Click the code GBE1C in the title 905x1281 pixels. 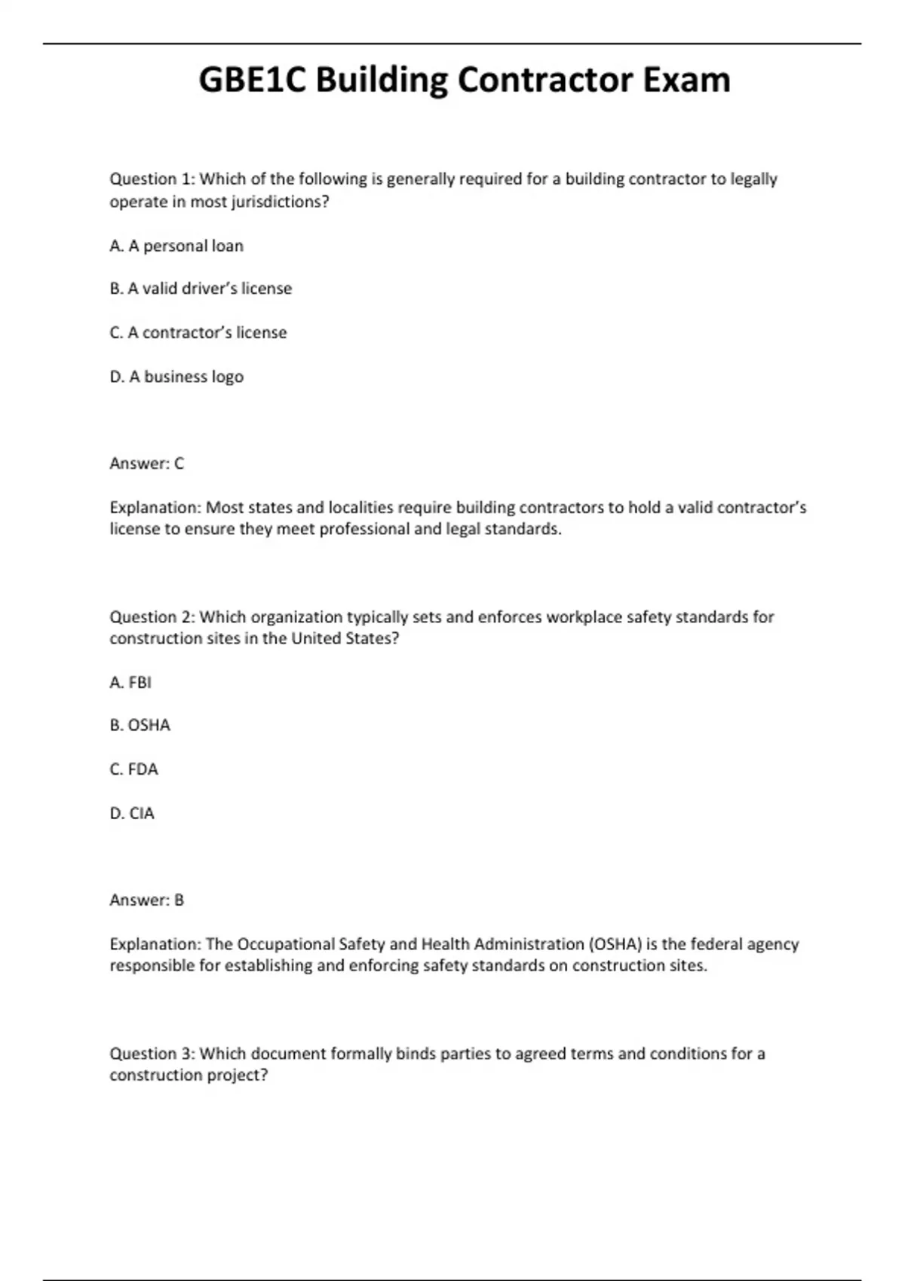pos(252,80)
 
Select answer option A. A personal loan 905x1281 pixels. pos(176,246)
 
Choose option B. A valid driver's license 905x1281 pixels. pos(201,289)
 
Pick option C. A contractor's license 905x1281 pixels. pos(198,332)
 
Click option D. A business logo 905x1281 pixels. pos(176,377)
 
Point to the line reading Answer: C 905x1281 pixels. pos(146,463)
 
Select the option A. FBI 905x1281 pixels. pos(130,682)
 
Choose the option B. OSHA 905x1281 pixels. pos(140,725)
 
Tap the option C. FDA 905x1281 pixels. pos(133,769)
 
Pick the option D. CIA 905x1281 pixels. pos(132,813)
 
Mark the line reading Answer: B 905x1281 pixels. pos(146,900)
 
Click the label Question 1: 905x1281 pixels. pos(152,179)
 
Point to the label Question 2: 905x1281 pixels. pos(152,617)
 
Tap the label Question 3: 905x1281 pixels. pos(152,1053)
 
